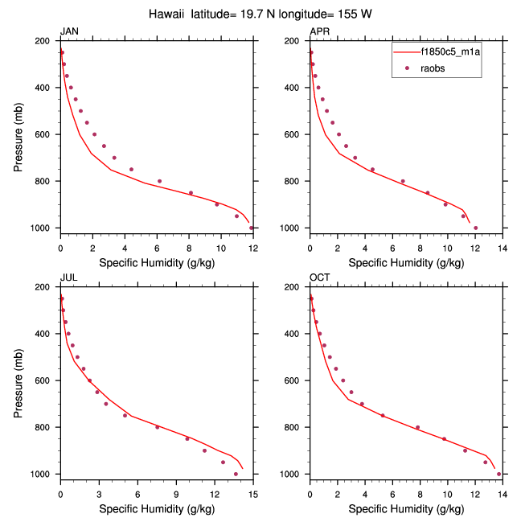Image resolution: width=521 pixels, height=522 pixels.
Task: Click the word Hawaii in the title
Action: [167, 14]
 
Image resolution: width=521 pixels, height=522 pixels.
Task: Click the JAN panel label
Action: [70, 31]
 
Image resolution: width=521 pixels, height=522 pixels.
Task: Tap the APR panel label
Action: [320, 31]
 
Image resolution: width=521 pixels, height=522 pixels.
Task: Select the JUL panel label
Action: [69, 278]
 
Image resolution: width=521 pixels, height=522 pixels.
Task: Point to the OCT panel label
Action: [320, 278]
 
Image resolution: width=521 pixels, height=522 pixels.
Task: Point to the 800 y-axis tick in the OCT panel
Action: [295, 427]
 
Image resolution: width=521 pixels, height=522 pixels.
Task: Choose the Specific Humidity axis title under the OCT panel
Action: [405, 508]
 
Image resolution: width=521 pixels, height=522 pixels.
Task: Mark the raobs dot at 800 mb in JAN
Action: [159, 181]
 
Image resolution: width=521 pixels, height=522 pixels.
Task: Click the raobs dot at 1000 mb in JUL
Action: [236, 474]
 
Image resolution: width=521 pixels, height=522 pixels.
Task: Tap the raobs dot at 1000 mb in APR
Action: [476, 228]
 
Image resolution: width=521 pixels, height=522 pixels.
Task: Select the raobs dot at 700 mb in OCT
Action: [362, 404]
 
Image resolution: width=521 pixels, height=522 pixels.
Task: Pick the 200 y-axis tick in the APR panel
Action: [295, 41]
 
